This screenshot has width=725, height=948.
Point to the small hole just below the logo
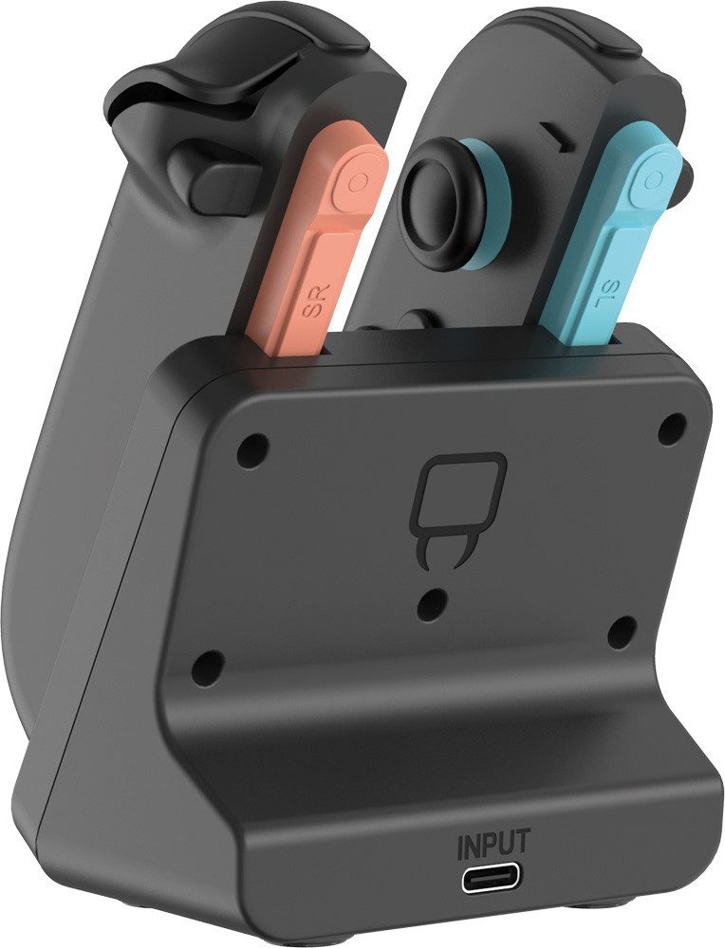coord(434,602)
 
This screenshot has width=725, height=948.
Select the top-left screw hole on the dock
coord(252,450)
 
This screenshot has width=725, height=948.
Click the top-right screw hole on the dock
coord(672,429)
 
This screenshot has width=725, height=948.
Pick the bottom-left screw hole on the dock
coord(208,666)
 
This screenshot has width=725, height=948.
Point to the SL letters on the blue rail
coord(606,293)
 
